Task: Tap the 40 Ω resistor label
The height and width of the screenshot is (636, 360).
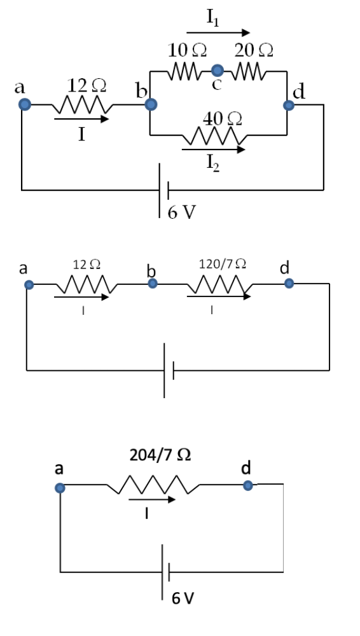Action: pyautogui.click(x=219, y=117)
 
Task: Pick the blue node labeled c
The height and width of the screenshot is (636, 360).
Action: pyautogui.click(x=218, y=70)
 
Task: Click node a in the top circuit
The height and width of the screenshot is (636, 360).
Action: pyautogui.click(x=24, y=105)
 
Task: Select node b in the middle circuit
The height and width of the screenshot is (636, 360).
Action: pyautogui.click(x=153, y=283)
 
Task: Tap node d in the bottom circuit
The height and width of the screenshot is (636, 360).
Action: pyautogui.click(x=248, y=486)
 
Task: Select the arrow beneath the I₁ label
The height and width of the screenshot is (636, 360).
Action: pyautogui.click(x=218, y=32)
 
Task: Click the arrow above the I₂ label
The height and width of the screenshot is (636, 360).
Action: pyautogui.click(x=213, y=150)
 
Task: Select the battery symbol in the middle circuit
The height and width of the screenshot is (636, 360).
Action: pyautogui.click(x=168, y=370)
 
